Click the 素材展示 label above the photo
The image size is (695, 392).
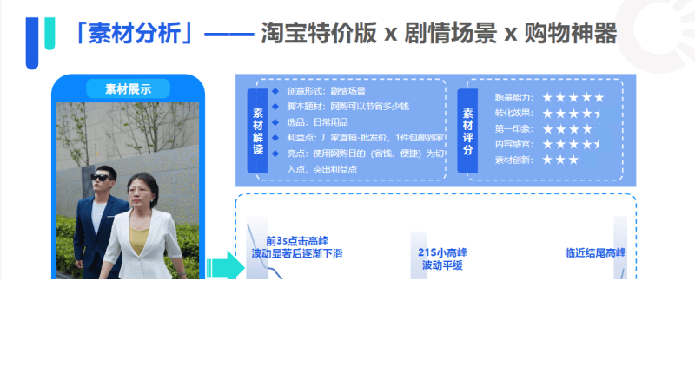[128, 88]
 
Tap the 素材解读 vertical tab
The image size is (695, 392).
[258, 131]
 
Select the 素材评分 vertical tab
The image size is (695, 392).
[468, 131]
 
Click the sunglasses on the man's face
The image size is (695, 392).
[103, 179]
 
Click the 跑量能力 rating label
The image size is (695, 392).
[514, 98]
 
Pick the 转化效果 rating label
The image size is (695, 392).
[514, 114]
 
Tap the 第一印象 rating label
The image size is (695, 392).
[514, 129]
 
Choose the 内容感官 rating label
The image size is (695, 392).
[514, 144]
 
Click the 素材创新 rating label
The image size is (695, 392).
[514, 160]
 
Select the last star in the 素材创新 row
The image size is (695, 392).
[573, 160]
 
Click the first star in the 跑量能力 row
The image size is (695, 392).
[547, 98]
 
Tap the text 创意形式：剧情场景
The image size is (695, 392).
[326, 91]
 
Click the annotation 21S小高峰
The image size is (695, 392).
[442, 252]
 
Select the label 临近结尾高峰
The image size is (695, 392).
[595, 253]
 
